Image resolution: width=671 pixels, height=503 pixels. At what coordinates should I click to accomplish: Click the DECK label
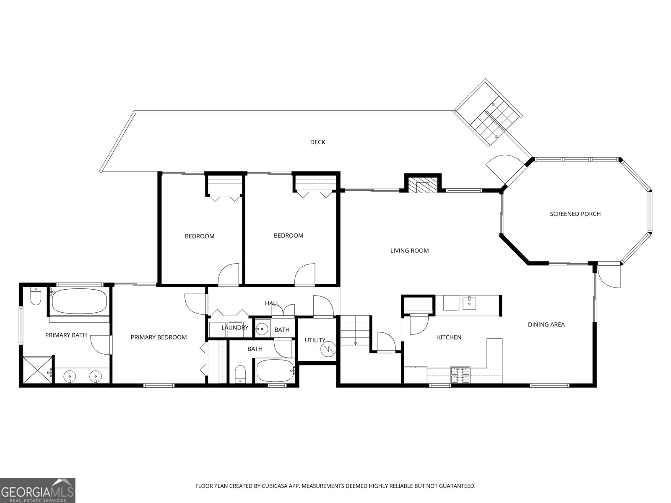coord(317,142)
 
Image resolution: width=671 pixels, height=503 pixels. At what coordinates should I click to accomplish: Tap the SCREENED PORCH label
coord(575,214)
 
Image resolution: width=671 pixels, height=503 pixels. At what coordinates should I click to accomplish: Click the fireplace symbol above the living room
coord(422,185)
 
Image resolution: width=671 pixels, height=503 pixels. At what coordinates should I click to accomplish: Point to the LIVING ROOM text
coord(409,251)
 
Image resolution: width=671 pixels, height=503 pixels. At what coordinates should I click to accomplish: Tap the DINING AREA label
coord(546,324)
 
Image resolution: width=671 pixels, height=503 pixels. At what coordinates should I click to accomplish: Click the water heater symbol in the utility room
coord(328,347)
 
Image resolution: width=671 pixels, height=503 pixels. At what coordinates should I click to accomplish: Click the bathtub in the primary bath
coord(79,301)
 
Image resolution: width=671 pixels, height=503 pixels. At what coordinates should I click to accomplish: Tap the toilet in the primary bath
coord(35,297)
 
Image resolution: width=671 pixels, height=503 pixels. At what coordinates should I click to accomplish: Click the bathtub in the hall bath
coord(275,371)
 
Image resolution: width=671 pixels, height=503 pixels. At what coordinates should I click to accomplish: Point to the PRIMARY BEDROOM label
coord(159,337)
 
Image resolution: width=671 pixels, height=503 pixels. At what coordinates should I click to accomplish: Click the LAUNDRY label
coord(235,328)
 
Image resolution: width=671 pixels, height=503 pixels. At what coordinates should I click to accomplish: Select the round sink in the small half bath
coord(262,328)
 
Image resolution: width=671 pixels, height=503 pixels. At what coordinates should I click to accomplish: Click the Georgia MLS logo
coord(38,490)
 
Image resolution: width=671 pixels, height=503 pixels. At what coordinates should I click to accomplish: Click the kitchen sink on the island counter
coord(470,302)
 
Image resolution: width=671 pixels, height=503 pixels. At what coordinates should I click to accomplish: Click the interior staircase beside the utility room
coord(355,330)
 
